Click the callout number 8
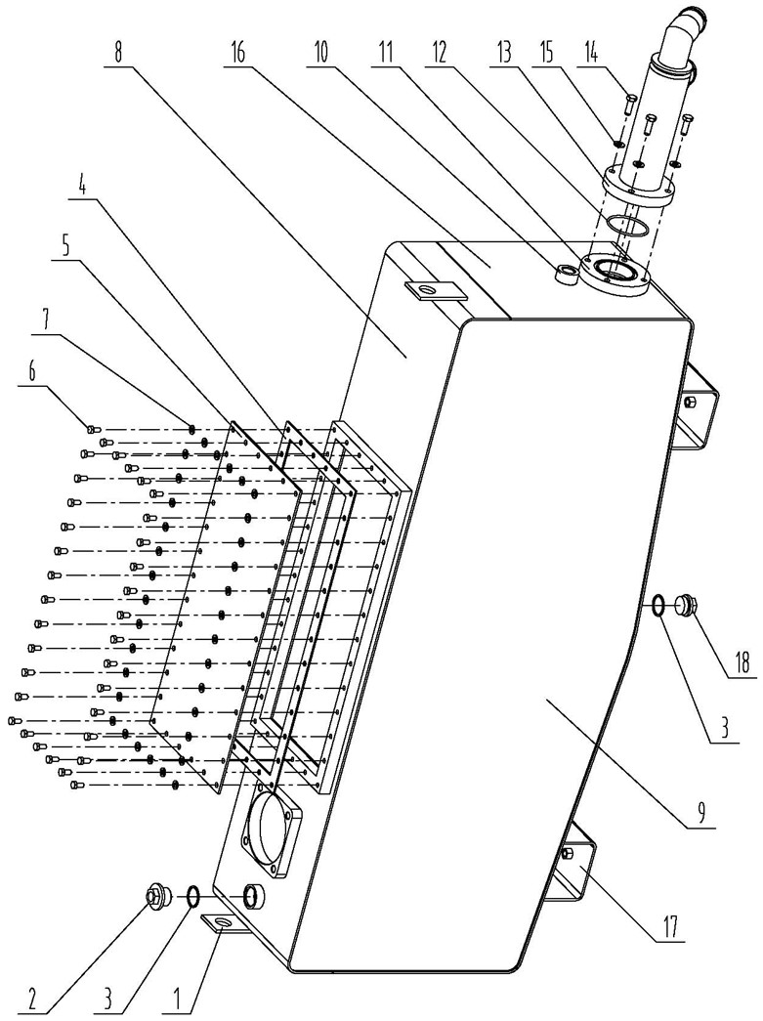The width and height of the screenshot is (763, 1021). coord(117,52)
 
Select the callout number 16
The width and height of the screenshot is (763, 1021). coord(239,52)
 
